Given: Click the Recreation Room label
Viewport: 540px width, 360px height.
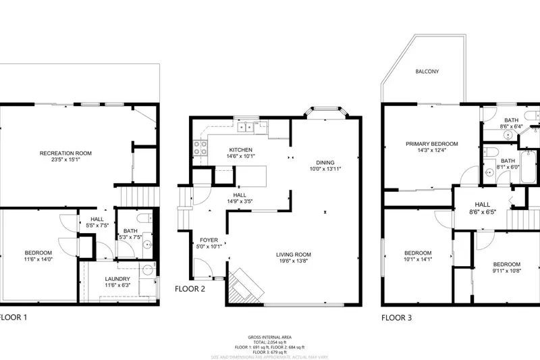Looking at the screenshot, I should pyautogui.click(x=65, y=153).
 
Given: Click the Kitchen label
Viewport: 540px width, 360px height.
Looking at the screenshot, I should pyautogui.click(x=241, y=150).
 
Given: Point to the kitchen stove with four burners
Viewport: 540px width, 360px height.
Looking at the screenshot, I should pyautogui.click(x=200, y=147).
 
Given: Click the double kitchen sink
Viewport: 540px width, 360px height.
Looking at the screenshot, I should pyautogui.click(x=244, y=126).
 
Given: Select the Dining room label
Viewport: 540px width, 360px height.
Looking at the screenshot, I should pyautogui.click(x=325, y=162).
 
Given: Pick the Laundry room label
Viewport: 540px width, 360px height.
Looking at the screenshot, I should pyautogui.click(x=117, y=279).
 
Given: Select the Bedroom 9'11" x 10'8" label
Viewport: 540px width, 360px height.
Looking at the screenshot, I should pyautogui.click(x=506, y=264).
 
